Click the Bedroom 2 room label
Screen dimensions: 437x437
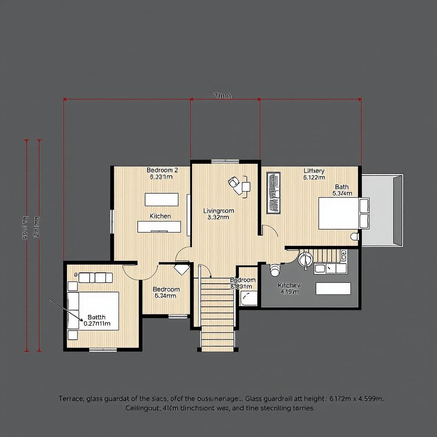[x=162, y=170]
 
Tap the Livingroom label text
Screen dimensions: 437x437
[x=218, y=211]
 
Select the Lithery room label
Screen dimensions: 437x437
[x=314, y=171]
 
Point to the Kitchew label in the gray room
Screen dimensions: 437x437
[x=289, y=285]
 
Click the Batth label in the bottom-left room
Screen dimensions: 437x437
[x=96, y=317]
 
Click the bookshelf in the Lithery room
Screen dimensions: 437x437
[x=273, y=193]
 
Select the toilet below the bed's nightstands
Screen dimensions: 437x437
[x=354, y=236]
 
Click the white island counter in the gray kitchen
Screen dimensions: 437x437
[x=333, y=289]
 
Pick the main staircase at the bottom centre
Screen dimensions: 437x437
[x=217, y=314]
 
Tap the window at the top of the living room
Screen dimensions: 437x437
[x=225, y=161]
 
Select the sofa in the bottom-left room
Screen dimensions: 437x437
[x=95, y=278]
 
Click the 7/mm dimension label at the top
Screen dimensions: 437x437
[x=222, y=96]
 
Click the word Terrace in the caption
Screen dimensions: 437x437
[x=71, y=399]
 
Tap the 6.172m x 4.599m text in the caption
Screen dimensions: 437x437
[x=357, y=399]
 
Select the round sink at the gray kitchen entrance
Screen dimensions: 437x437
[x=306, y=259]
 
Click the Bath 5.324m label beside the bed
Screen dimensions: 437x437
[x=342, y=190]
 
